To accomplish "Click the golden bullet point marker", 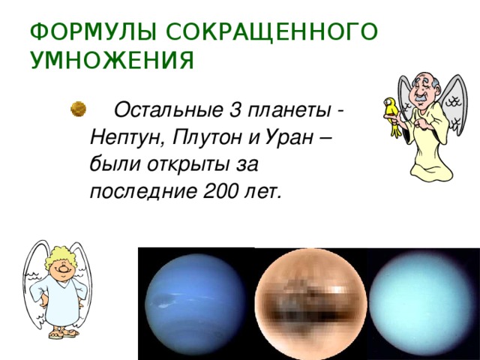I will click(x=76, y=110).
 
